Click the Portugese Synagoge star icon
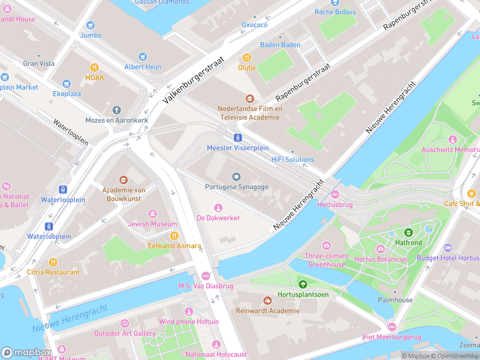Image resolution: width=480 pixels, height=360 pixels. click(x=236, y=177)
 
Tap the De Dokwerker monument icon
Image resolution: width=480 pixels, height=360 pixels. click(x=218, y=208)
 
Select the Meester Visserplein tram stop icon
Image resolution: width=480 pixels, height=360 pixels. click(x=238, y=137)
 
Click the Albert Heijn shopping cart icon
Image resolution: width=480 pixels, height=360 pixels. click(x=143, y=56)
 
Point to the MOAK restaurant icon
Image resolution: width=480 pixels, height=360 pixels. click(x=94, y=68)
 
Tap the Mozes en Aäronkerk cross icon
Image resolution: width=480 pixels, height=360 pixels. click(x=116, y=110)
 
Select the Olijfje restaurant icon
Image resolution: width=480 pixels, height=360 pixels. click(x=247, y=57)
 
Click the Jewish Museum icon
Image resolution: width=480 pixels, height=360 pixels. click(x=152, y=214)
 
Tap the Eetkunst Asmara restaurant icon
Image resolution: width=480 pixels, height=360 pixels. click(x=174, y=236)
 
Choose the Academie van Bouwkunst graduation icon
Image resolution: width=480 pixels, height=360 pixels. click(x=124, y=180)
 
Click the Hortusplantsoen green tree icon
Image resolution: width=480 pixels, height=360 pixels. click(x=303, y=284)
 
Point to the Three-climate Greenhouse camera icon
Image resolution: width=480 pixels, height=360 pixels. click(x=327, y=246)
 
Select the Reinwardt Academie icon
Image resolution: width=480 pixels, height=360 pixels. click(x=268, y=301)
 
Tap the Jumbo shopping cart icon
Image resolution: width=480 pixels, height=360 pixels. click(x=91, y=25)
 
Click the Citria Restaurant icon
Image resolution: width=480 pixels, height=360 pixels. click(x=53, y=262)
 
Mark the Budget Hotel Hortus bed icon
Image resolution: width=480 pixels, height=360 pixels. click(x=448, y=248)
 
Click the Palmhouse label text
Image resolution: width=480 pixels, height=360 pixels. click(x=395, y=300)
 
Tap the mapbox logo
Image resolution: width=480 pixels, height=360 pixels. click(x=27, y=353)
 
